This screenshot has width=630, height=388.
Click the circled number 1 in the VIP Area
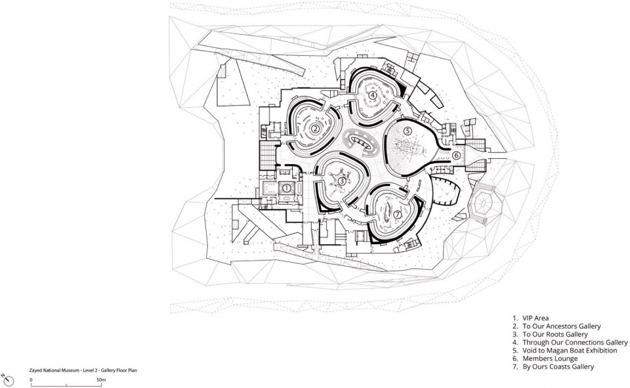point(287,188)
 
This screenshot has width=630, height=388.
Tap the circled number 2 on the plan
point(316,129)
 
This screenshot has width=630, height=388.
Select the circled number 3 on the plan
point(341,181)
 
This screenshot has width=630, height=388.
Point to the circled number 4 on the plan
point(373,95)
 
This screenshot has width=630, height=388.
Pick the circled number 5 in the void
point(408,131)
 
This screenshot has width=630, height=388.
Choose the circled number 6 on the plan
point(456,155)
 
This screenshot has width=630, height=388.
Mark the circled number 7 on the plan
point(398,215)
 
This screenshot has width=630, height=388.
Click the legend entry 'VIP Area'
point(535,318)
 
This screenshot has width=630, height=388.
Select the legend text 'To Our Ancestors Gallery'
point(561,326)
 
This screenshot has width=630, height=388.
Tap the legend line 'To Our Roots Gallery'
point(555,335)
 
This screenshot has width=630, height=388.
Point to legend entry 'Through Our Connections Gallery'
point(575,343)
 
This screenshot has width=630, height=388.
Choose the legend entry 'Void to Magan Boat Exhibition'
point(570,351)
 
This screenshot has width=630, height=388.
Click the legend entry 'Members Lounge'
point(550,358)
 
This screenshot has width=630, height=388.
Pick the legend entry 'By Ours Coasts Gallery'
point(558,367)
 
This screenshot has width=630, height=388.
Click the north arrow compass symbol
point(8,380)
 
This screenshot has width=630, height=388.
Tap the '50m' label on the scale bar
point(101,379)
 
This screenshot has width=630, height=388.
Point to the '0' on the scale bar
point(31,379)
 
